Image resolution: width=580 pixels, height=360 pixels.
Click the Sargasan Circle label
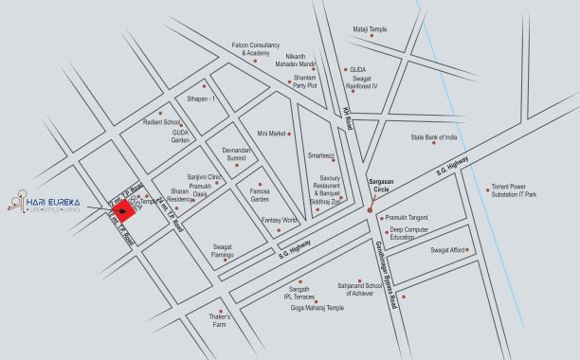coord(386,189)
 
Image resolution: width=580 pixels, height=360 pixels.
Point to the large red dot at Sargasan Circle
coord(370,208)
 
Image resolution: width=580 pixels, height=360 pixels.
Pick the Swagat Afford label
coord(447,250)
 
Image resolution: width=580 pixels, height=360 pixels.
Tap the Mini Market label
coord(271,134)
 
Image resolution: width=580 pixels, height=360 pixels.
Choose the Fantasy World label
coord(280,221)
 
